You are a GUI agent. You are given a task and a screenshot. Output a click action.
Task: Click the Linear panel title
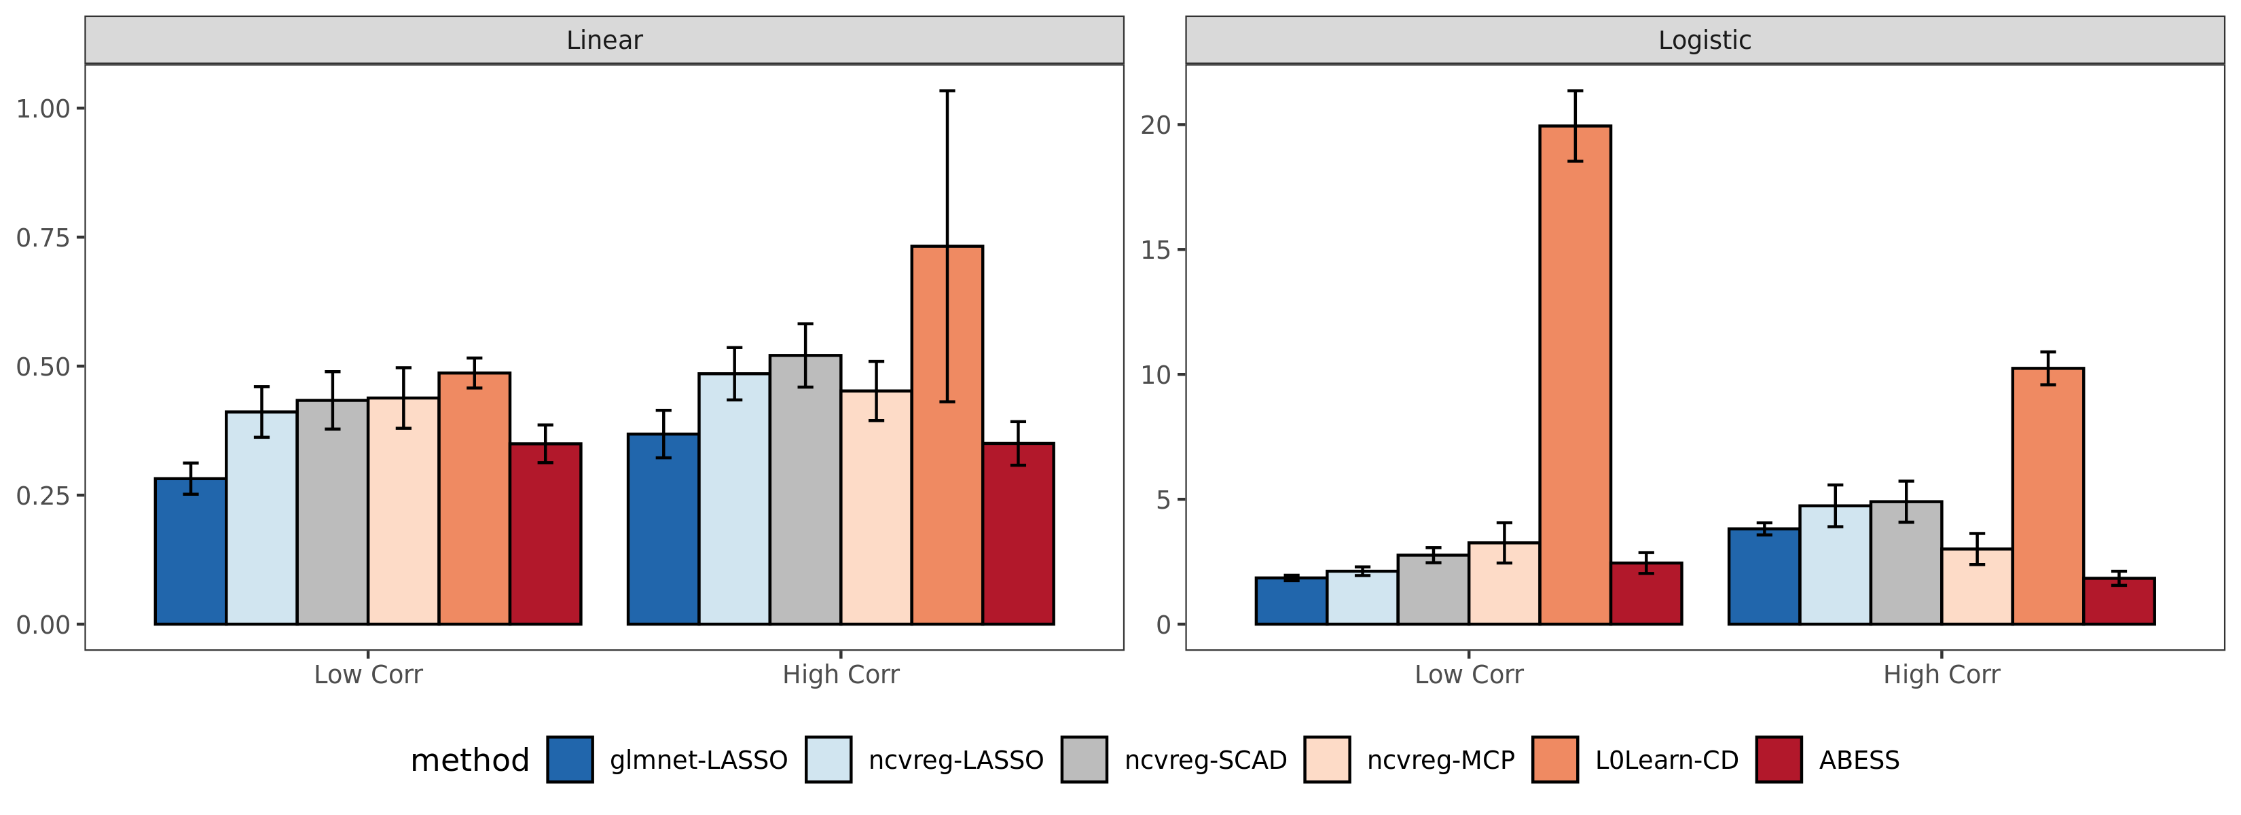pos(604,40)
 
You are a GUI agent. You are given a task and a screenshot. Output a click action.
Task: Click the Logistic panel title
pos(1705,40)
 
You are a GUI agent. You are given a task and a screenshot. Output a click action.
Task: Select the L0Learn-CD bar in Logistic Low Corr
pos(1575,375)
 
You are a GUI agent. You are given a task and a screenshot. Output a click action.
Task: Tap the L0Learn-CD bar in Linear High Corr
pos(947,435)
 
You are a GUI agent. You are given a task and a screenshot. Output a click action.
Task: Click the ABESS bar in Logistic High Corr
pos(2118,601)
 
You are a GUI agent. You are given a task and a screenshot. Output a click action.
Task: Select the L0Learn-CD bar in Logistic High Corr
pos(2048,496)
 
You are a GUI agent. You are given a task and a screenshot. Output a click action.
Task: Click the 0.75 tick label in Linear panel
pos(43,238)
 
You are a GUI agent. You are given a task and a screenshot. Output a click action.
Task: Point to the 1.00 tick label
pos(43,109)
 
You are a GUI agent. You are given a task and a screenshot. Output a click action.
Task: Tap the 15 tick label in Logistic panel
pos(1156,251)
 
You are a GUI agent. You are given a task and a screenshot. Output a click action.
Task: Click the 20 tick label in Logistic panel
pos(1156,125)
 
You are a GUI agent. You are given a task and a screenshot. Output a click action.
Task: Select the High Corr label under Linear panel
pos(841,674)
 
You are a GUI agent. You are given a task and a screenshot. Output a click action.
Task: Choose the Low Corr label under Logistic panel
pos(1468,674)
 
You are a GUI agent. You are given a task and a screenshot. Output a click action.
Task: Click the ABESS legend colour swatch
pos(1778,759)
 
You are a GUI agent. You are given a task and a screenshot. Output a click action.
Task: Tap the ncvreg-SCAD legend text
pos(1205,760)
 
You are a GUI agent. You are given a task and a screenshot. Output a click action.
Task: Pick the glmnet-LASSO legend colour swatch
pos(570,759)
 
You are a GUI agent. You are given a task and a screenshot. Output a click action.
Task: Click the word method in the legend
pos(470,760)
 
